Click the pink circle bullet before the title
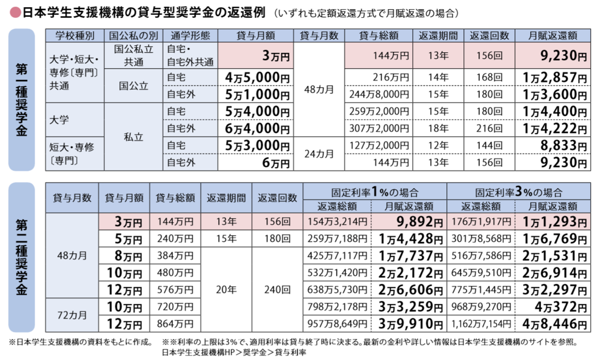15,13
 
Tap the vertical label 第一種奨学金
21,100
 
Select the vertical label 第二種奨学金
21,257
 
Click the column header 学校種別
75,36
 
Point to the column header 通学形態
190,36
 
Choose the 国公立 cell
134,86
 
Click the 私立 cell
134,137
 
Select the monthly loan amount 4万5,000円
257,77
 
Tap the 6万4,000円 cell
257,129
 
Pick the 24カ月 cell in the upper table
319,154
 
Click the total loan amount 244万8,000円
379,95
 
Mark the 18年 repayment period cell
438,129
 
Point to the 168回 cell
489,77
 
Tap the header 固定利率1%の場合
375,192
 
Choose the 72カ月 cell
72,315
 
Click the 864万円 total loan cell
175,324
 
